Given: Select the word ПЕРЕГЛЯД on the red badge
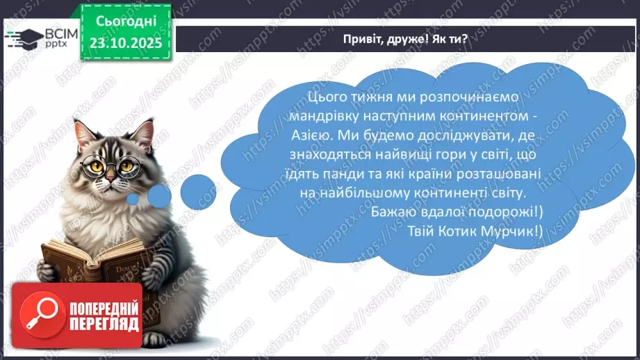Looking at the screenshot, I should click(x=104, y=323).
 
